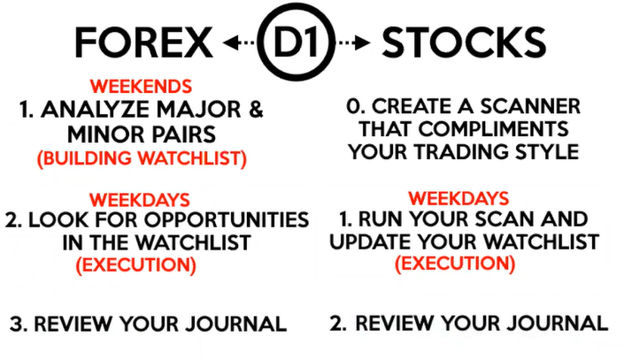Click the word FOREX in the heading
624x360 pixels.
pyautogui.click(x=143, y=42)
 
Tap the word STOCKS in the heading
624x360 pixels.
pyautogui.click(x=464, y=42)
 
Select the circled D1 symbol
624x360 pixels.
pyautogui.click(x=296, y=42)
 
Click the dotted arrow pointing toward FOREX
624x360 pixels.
pyautogui.click(x=239, y=42)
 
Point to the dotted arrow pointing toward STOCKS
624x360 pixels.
pyautogui.click(x=353, y=42)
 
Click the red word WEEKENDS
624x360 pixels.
pyautogui.click(x=141, y=87)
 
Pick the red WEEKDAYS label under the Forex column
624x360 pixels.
pyautogui.click(x=139, y=200)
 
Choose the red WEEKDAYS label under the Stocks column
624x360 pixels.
pyautogui.click(x=458, y=198)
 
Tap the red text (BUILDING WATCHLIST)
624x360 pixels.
pyautogui.click(x=142, y=158)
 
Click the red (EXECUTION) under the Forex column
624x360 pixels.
pyautogui.click(x=136, y=265)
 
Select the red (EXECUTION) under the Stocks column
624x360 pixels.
pyautogui.click(x=455, y=264)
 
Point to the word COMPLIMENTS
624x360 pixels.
pyautogui.click(x=494, y=129)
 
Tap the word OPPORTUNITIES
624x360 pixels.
pyautogui.click(x=227, y=220)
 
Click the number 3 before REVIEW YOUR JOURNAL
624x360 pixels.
pyautogui.click(x=18, y=324)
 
